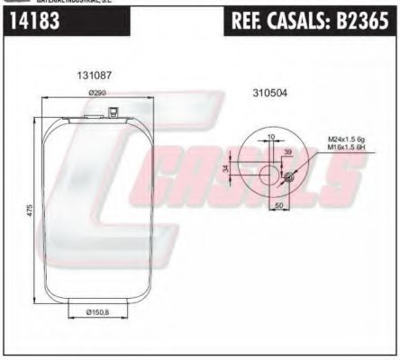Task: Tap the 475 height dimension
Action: [x=30, y=209]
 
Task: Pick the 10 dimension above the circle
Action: [x=271, y=137]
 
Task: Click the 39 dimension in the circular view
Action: [x=288, y=153]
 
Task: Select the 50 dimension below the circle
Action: [x=279, y=205]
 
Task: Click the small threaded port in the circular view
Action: [x=287, y=176]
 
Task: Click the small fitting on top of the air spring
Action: [x=112, y=112]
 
